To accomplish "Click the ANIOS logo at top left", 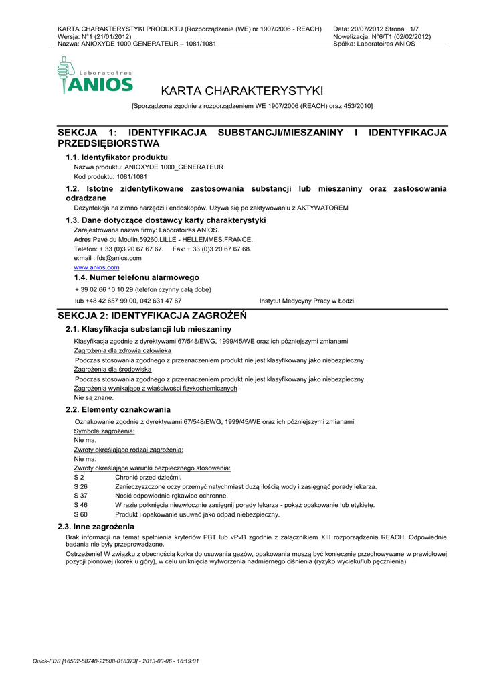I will tap(95, 76).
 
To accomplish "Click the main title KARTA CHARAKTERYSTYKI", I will tap(242, 90).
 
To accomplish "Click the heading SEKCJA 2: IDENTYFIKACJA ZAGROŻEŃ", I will tap(153, 315).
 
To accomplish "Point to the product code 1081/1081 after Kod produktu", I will tap(131, 176).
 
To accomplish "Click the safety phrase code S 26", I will tap(80, 486).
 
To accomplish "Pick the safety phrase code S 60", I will tap(80, 514).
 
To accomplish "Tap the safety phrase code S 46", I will tap(80, 505).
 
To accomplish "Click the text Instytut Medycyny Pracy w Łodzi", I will tap(306, 301).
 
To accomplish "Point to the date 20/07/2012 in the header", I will tap(367, 29).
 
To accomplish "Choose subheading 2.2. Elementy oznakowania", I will tap(118, 409).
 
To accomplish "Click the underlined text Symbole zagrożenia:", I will tap(104, 431).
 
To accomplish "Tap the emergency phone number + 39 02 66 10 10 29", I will tap(106, 289).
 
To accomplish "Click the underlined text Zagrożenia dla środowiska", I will tap(112, 369).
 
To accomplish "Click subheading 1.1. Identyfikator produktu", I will tap(116, 157).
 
